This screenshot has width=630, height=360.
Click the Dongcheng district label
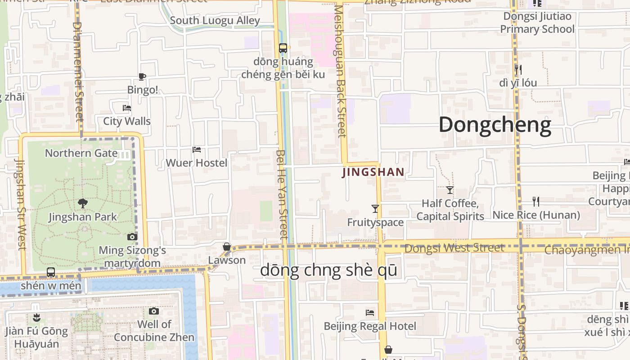(x=495, y=125)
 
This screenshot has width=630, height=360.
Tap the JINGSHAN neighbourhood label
(x=373, y=172)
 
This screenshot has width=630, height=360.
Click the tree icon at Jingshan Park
(x=82, y=204)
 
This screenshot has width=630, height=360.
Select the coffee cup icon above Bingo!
(x=142, y=76)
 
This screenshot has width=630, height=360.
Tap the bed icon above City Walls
(x=127, y=108)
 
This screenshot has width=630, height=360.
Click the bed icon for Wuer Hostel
(x=197, y=149)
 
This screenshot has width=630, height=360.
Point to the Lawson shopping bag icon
(x=227, y=247)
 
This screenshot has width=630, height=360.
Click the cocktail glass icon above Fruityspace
(x=375, y=208)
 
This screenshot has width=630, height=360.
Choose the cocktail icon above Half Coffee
(x=450, y=190)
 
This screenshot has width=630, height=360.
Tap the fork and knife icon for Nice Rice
(x=535, y=201)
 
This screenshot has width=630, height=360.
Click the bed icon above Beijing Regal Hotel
(x=370, y=312)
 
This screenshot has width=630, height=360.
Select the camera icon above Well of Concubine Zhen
(x=154, y=311)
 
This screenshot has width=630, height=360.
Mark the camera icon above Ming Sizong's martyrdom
(x=132, y=237)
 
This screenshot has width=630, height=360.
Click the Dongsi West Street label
(x=454, y=248)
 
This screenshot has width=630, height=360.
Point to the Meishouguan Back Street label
(x=340, y=72)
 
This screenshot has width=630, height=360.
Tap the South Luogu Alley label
(x=215, y=21)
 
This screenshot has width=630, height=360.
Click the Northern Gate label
(x=81, y=153)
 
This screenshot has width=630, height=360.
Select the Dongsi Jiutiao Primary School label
(x=537, y=23)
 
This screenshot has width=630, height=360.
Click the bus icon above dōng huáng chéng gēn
(x=283, y=48)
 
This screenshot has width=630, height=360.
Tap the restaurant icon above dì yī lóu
(x=518, y=69)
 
